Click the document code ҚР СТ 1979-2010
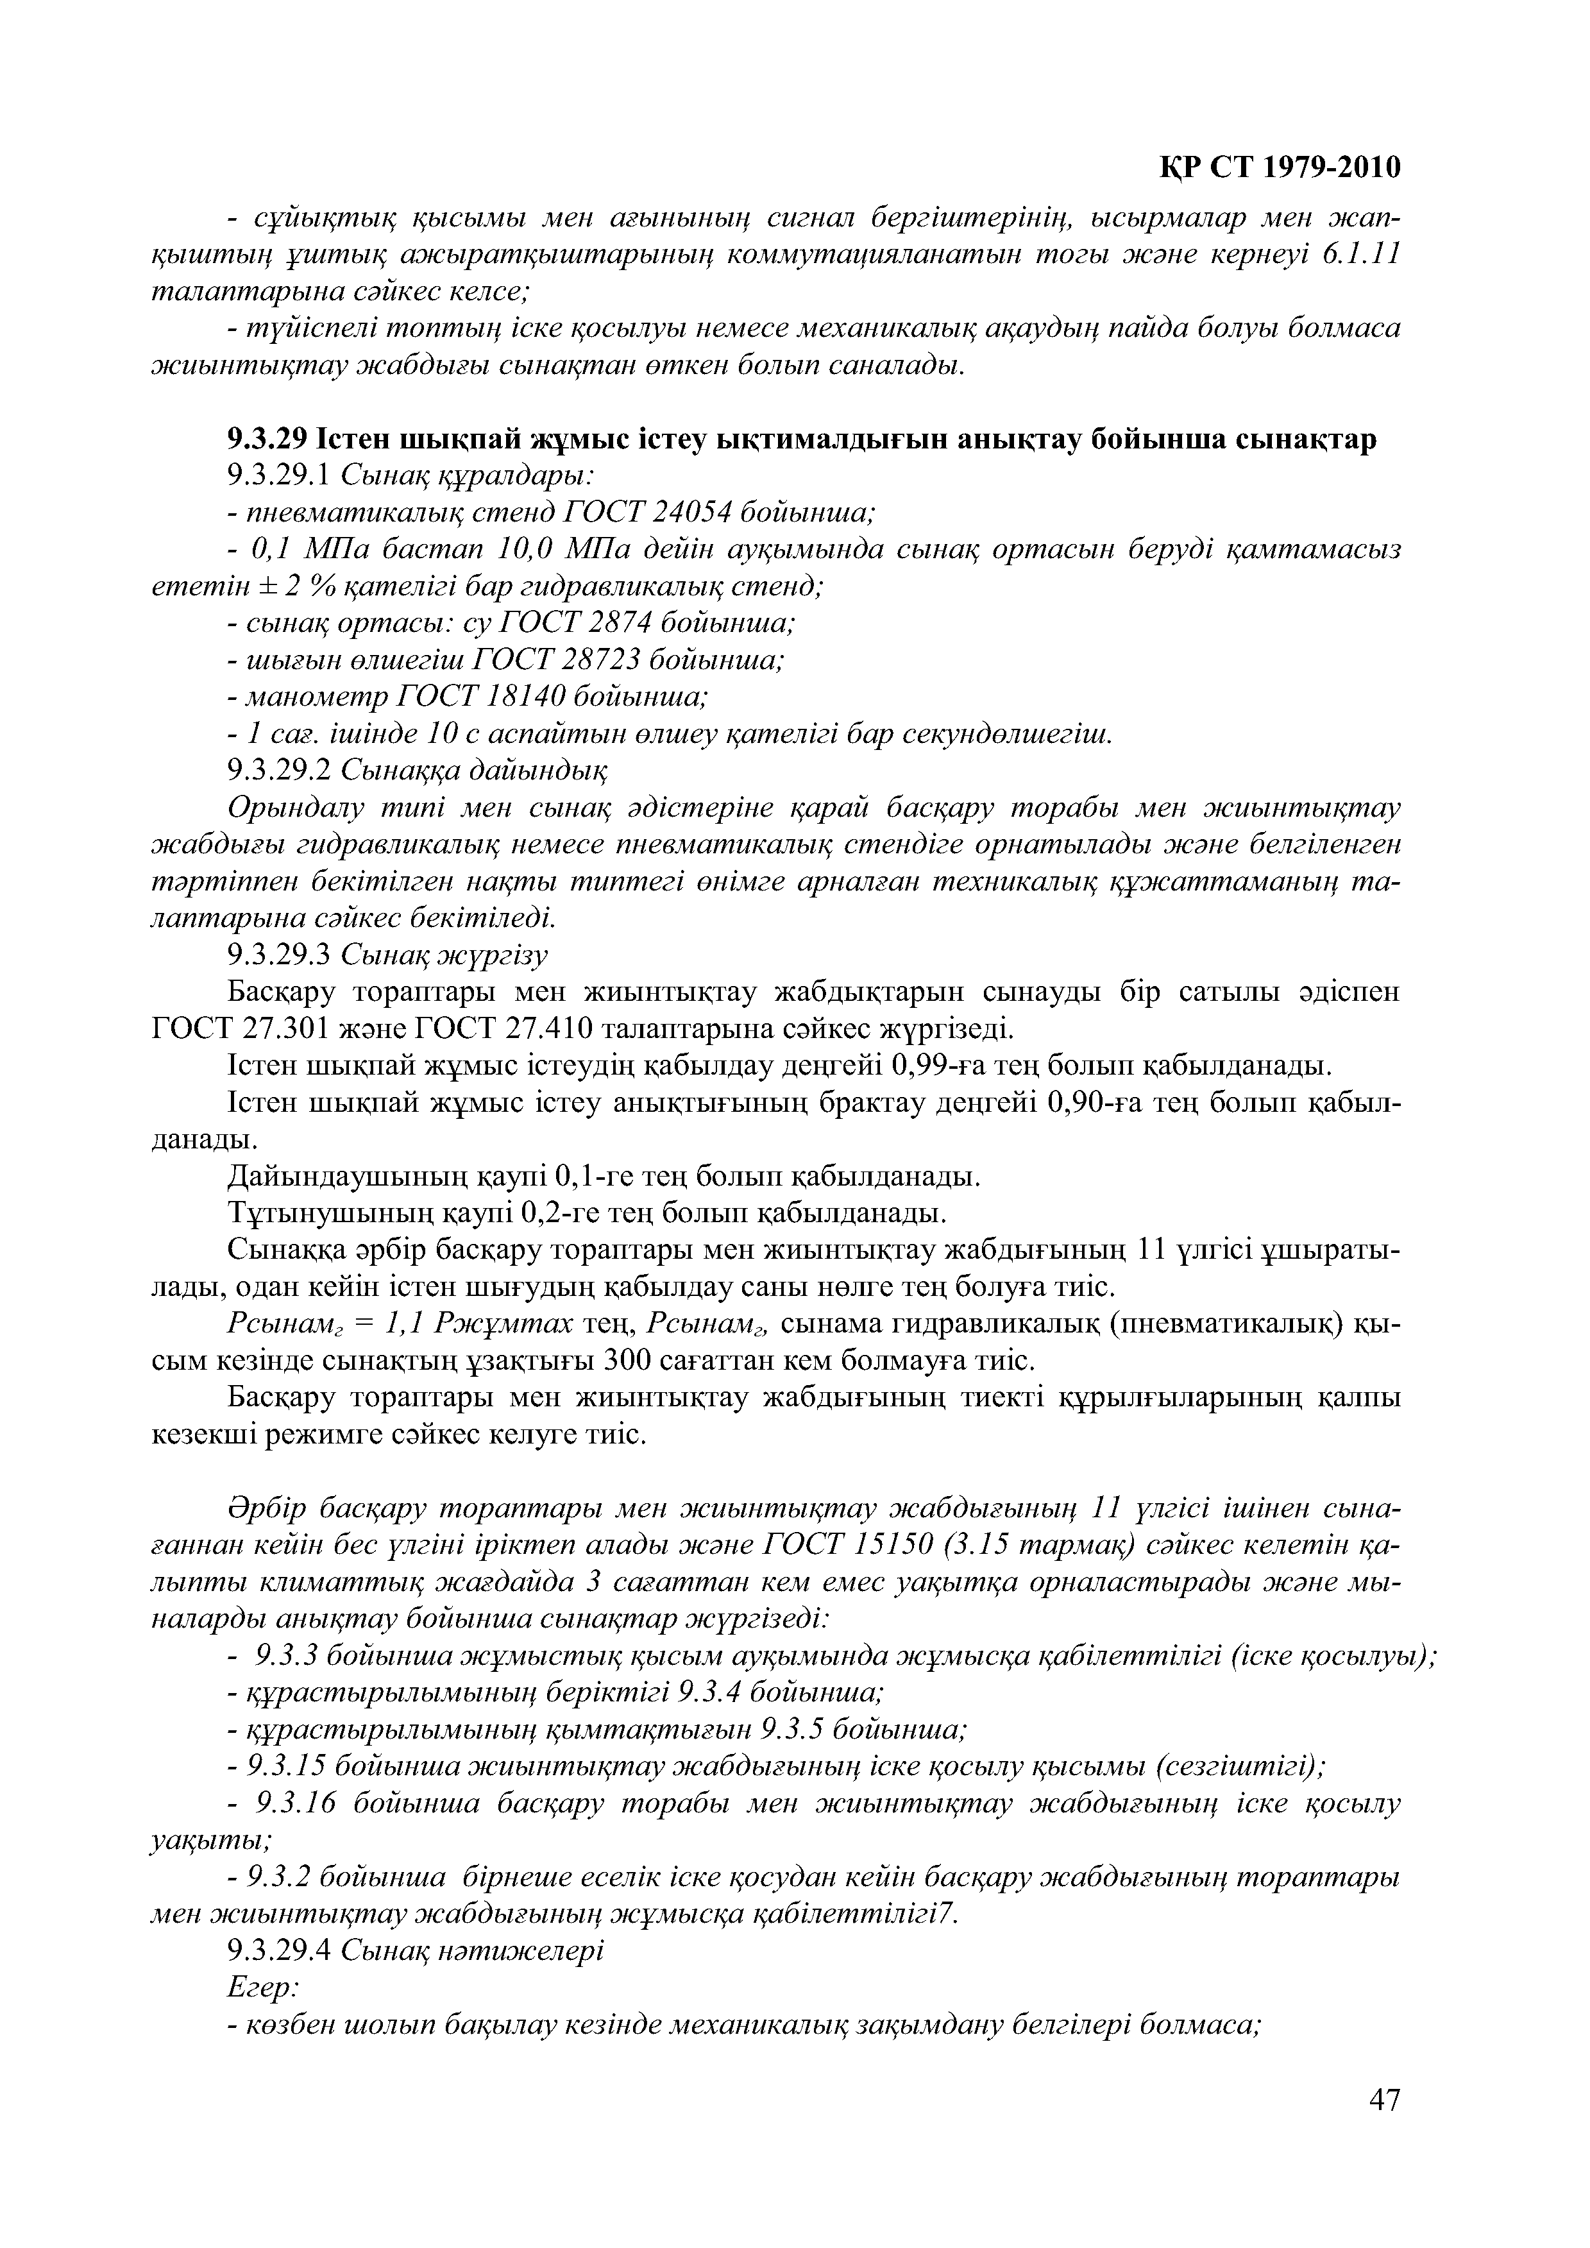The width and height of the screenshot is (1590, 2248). point(1281,167)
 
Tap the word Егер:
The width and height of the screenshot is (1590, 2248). point(262,1988)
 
